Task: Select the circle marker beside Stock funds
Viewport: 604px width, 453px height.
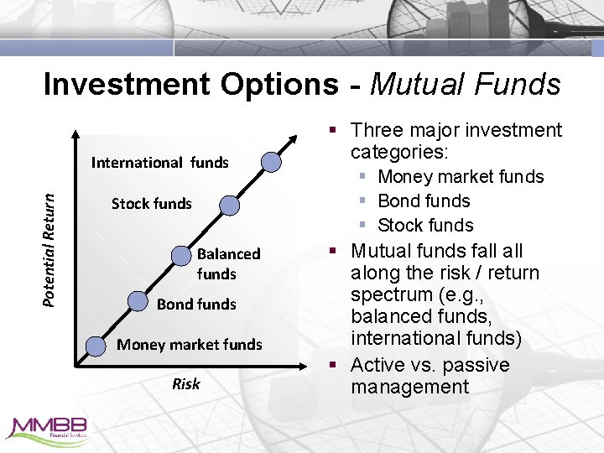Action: click(229, 205)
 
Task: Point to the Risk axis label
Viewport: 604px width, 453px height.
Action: click(185, 384)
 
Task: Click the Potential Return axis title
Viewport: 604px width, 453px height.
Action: click(50, 250)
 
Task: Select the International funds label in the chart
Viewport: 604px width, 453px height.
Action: click(159, 162)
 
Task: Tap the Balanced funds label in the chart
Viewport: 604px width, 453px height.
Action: click(228, 263)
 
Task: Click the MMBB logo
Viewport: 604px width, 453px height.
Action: click(51, 429)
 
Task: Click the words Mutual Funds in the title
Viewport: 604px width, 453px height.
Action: click(465, 84)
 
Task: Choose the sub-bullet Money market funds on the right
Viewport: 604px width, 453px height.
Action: click(461, 177)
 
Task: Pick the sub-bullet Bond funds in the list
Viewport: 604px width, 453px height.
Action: click(424, 201)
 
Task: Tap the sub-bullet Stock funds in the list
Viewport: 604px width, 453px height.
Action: click(425, 226)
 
